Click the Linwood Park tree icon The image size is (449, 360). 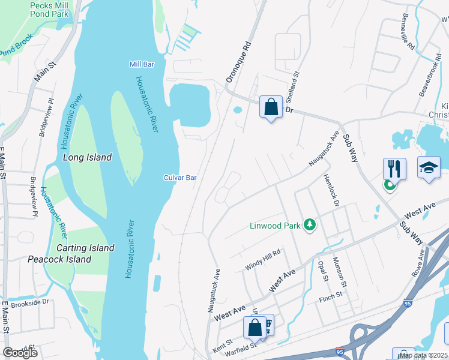point(310,225)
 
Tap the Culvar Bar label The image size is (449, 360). point(180,178)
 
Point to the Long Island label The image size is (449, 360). point(87,157)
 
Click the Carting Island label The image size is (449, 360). point(85,248)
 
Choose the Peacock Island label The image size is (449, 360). point(59,259)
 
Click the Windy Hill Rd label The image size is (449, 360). point(262,259)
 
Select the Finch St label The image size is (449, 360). point(330,295)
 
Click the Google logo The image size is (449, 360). point(19,352)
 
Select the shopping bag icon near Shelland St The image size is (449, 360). point(271,107)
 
